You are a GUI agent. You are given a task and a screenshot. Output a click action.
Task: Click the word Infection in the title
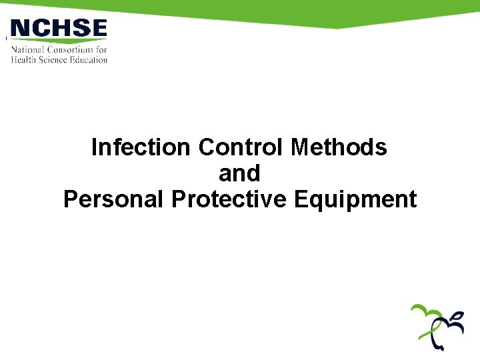point(142,147)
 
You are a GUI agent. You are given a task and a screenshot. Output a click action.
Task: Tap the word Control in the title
point(242,147)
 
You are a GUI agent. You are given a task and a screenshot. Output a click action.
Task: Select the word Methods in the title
point(339,147)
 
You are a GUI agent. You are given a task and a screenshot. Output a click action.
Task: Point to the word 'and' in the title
point(239,173)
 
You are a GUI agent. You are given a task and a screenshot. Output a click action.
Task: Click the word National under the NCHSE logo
point(28,50)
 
